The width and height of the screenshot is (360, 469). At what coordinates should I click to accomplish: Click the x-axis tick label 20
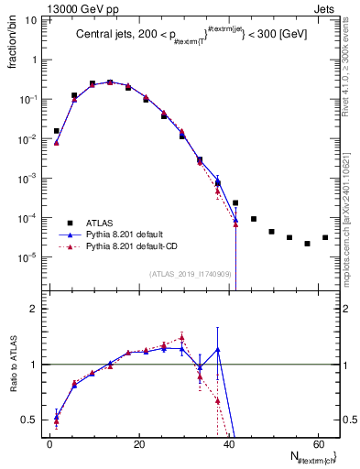(x=138, y=443)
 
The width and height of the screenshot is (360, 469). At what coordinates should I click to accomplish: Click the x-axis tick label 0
(x=49, y=443)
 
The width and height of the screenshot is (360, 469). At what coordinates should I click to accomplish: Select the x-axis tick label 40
(x=228, y=443)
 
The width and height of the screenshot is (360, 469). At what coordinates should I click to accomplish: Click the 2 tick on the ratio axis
(x=35, y=309)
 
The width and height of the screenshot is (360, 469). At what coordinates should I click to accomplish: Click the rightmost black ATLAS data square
(x=325, y=238)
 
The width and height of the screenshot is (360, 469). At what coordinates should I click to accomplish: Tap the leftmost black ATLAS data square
(x=57, y=131)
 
